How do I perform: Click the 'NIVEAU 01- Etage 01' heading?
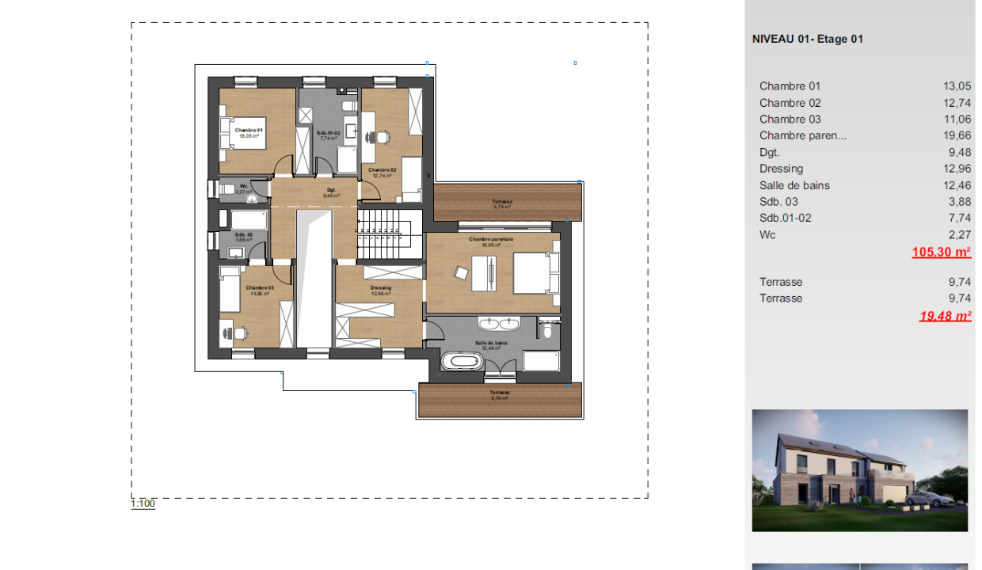tap(807, 39)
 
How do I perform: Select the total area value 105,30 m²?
tap(941, 253)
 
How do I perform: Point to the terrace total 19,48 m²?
tap(944, 316)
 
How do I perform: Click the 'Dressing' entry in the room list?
tap(781, 169)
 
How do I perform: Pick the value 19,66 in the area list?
tap(957, 135)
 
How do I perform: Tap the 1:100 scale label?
tap(143, 503)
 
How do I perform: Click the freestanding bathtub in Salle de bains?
tap(461, 362)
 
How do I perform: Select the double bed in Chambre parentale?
tap(531, 273)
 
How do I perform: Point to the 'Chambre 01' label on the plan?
tap(249, 129)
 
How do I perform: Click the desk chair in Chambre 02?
tap(383, 137)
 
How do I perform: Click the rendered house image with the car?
tap(859, 470)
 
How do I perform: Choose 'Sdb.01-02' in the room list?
tap(785, 218)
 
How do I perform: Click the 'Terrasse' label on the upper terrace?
tap(501, 202)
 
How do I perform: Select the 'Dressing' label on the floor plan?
tap(381, 287)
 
